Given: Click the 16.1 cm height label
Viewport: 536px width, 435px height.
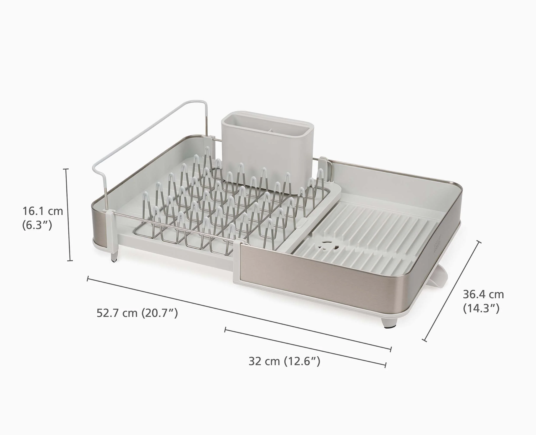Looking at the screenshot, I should click(x=43, y=211).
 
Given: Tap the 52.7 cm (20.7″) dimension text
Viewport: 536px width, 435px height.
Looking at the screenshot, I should click(x=137, y=313).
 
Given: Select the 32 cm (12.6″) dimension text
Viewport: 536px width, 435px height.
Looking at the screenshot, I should click(x=284, y=361).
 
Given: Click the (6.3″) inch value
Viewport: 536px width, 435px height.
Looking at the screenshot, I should click(x=37, y=225).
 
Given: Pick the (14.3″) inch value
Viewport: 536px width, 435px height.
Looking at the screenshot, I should click(x=481, y=308).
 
